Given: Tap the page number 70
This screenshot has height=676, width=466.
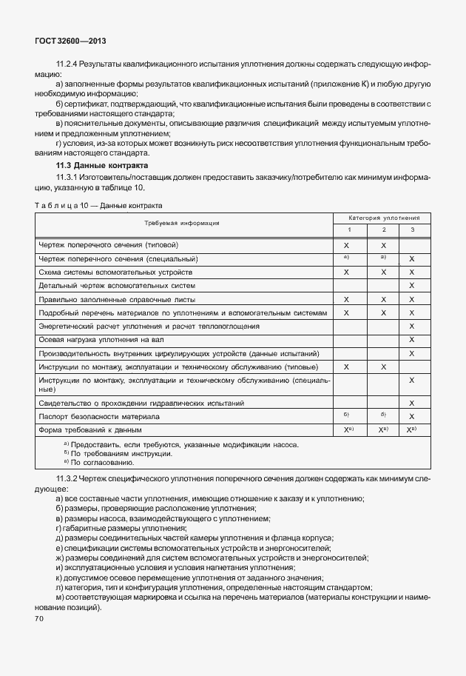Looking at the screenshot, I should (40, 618).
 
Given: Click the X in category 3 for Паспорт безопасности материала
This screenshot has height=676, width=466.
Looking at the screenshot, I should (411, 417).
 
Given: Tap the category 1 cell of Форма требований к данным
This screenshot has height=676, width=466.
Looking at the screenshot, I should (346, 430).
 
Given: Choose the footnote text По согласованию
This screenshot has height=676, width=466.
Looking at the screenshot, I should (100, 462).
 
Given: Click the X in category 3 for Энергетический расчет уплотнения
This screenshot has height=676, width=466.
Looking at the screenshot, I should (411, 326).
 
